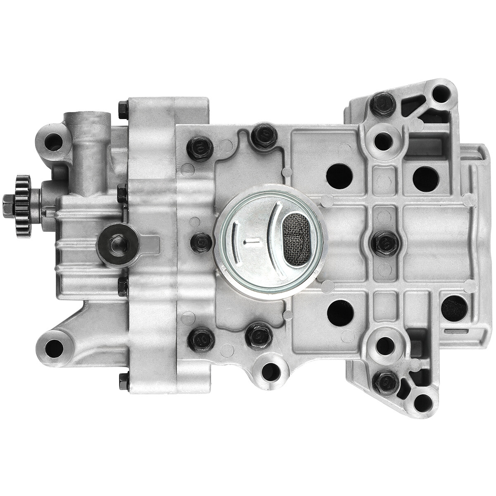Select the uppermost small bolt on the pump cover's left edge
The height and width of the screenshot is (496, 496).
[x=122, y=110]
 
